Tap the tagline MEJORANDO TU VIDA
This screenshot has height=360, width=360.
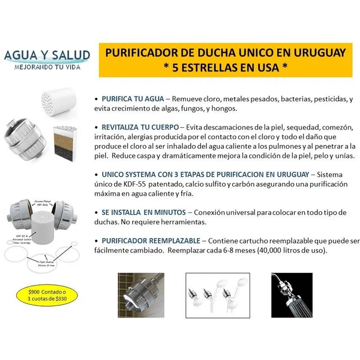coord(47,68)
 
